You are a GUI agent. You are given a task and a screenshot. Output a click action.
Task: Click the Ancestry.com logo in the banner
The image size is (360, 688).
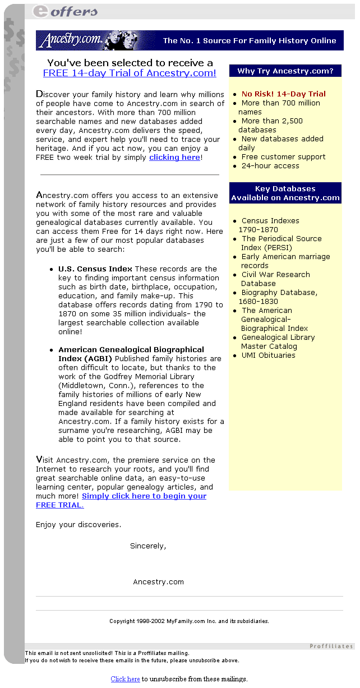[x=71, y=40]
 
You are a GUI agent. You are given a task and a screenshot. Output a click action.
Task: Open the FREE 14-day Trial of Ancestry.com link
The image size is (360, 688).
[x=130, y=73]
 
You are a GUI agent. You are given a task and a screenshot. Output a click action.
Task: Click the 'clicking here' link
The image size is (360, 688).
[x=174, y=158]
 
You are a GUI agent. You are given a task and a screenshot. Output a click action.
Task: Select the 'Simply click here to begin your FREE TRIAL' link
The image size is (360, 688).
[x=144, y=496]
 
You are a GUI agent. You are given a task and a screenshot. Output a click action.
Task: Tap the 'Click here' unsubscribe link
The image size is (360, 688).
[x=125, y=679]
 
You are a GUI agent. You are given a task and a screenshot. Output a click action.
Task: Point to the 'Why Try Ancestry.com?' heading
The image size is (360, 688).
[x=285, y=71]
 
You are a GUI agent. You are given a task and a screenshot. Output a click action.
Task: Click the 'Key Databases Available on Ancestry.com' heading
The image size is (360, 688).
[x=285, y=193]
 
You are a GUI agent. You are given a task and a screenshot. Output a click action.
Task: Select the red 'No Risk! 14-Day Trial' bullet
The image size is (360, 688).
[x=283, y=94]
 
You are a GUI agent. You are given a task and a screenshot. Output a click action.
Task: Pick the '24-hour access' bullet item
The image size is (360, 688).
[x=270, y=166]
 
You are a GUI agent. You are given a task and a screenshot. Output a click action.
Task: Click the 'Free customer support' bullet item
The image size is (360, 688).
[x=283, y=157]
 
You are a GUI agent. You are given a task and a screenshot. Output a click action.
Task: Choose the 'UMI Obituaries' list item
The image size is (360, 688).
[x=268, y=355]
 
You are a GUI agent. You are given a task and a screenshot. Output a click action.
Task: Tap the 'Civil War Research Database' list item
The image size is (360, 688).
[x=275, y=279]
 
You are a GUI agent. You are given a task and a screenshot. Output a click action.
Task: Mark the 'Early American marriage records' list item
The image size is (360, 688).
[x=285, y=261]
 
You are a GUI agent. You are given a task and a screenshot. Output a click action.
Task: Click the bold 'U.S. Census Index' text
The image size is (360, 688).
[x=95, y=269]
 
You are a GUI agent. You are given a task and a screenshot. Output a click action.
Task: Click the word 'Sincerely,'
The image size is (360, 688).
[x=148, y=546]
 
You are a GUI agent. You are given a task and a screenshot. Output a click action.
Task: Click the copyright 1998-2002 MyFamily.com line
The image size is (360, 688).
[x=189, y=621]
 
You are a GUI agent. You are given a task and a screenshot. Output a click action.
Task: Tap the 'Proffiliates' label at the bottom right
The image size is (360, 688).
[x=331, y=647]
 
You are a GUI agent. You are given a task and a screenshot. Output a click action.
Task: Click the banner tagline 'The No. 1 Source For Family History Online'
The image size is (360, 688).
[x=250, y=40]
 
